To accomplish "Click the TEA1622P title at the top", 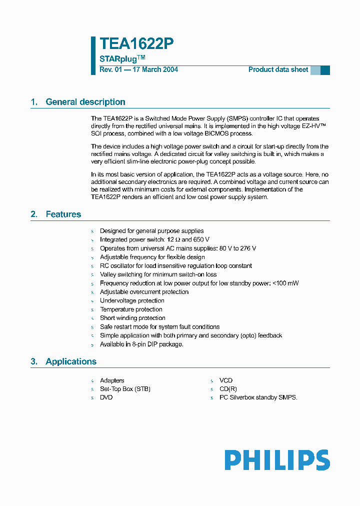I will [136, 44].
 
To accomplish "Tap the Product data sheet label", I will [278, 69].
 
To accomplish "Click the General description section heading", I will [85, 102].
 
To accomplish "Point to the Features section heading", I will [63, 214].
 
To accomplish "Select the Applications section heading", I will [70, 361].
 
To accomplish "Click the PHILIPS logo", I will [276, 460].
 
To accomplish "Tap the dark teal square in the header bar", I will [325, 70].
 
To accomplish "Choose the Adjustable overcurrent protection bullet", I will [144, 292].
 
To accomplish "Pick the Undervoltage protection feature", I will [132, 300].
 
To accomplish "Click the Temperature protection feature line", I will [131, 309].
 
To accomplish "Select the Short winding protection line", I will [132, 318].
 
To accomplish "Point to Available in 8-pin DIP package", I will [141, 344].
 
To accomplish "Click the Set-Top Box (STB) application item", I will [125, 389].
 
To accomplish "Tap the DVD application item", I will [106, 397].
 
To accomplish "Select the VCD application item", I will [226, 380].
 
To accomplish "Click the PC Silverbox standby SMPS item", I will [258, 397].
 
